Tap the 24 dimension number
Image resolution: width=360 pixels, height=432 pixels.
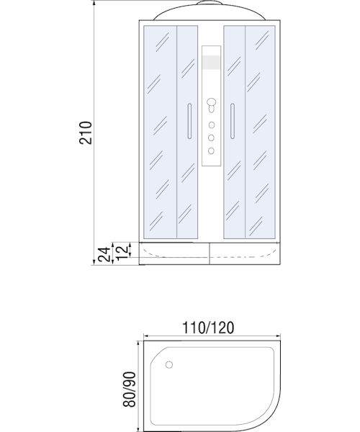(104, 254)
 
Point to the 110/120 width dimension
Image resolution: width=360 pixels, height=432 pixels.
(208, 328)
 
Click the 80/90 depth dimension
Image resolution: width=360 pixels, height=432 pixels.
(129, 390)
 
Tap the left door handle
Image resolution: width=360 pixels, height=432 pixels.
(189, 121)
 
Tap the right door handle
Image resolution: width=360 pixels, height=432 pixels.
(233, 121)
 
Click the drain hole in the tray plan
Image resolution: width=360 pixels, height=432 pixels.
(169, 365)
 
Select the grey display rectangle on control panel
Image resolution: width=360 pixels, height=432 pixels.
(211, 62)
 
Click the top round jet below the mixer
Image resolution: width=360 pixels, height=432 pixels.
(211, 125)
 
